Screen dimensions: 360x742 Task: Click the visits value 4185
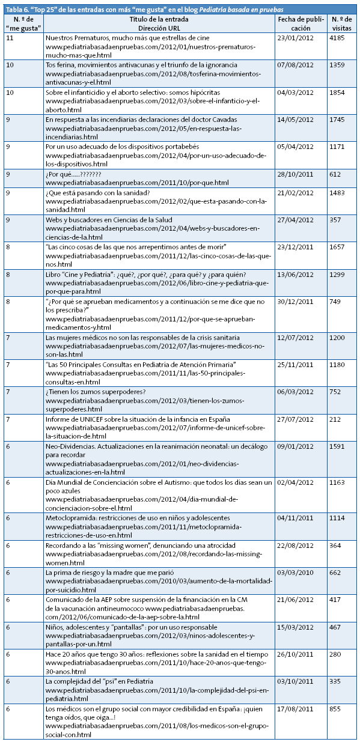[x=338, y=38]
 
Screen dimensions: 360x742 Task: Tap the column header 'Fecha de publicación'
[x=301, y=23]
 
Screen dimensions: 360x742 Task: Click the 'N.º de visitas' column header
[x=343, y=23]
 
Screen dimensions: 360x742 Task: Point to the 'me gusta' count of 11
[x=10, y=38]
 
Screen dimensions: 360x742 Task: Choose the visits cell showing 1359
[x=338, y=64]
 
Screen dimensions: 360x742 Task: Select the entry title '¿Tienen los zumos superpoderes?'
[x=95, y=392]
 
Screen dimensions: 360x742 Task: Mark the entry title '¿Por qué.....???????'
[x=78, y=174]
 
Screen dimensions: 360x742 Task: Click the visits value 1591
[x=338, y=446]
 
